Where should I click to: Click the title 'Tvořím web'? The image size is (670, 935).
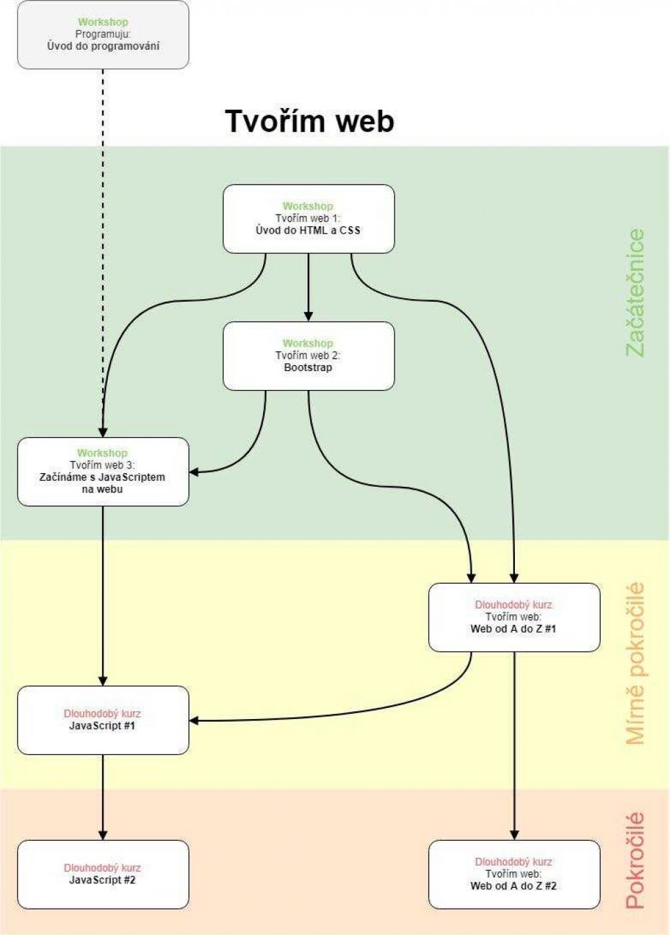point(309,121)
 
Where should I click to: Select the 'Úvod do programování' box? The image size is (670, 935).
point(103,35)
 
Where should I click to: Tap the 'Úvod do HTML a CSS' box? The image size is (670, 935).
point(308,219)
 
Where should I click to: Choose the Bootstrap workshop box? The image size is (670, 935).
point(308,356)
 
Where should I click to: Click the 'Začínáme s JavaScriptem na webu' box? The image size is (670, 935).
point(103,472)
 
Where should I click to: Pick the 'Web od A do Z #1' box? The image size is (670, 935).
point(514,618)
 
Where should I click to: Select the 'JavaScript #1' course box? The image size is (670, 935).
point(103,720)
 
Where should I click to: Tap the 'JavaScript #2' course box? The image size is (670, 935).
point(103,875)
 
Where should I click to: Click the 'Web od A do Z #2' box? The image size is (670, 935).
point(514,875)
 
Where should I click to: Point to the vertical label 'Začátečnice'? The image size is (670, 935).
point(635,292)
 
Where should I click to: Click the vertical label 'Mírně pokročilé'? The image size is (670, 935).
point(635,663)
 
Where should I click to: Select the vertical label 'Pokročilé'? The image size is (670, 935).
point(635,860)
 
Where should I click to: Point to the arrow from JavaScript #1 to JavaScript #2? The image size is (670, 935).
point(103,795)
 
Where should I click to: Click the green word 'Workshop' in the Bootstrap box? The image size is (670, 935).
point(308,344)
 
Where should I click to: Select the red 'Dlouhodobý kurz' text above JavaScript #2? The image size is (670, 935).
point(102,868)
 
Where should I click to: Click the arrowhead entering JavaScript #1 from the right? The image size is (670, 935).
point(194,721)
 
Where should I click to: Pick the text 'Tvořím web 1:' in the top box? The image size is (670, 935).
point(308,219)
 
